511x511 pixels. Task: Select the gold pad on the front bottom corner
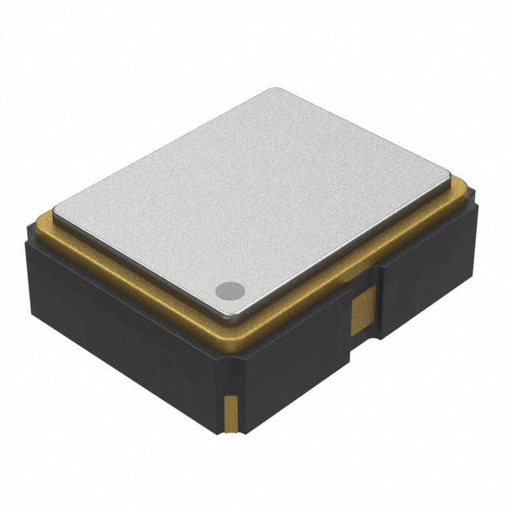(229, 413)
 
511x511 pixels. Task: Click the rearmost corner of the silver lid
(275, 89)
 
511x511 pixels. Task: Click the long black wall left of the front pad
(120, 319)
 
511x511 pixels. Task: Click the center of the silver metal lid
(255, 200)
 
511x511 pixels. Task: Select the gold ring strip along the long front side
(136, 271)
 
